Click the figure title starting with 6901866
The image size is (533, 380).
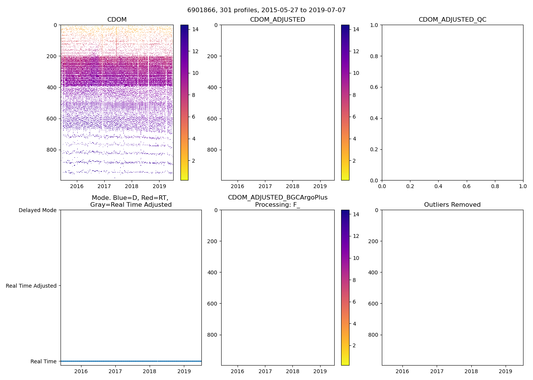(266, 10)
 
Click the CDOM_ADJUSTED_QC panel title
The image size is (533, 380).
(452, 20)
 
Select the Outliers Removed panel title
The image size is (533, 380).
(452, 205)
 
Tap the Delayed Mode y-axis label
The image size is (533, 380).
(37, 210)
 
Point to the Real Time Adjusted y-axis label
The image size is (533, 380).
(31, 286)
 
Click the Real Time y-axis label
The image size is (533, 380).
(43, 361)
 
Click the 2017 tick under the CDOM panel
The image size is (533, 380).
(104, 186)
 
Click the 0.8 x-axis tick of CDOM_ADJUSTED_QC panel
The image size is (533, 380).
(495, 186)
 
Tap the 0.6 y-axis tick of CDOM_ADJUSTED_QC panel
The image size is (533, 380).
(375, 87)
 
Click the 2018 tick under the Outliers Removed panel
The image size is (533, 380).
(471, 371)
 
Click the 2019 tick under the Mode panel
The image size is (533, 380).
(184, 371)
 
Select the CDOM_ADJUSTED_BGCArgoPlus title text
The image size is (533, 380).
(278, 198)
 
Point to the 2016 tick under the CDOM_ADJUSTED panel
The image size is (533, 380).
(238, 186)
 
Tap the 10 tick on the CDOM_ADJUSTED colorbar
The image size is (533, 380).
(356, 73)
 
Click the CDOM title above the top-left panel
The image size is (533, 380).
(117, 20)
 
